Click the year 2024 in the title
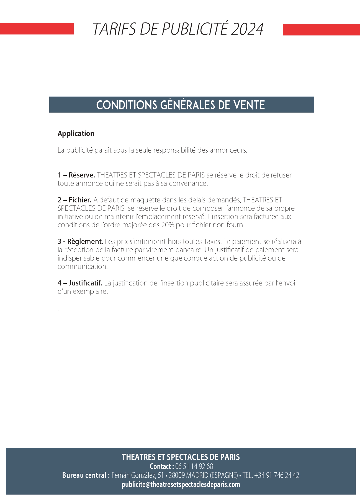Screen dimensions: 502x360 247,29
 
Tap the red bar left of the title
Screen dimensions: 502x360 37,29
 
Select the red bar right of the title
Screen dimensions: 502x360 321,30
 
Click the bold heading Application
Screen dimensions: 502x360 76,133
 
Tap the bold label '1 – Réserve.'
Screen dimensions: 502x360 76,175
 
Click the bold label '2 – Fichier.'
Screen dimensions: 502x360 75,200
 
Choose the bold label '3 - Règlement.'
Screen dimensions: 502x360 80,241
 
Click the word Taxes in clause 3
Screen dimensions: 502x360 212,241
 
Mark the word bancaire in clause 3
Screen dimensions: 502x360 189,250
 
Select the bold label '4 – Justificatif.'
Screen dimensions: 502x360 80,283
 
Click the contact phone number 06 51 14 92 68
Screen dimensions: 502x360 194,466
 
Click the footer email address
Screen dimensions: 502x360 181,485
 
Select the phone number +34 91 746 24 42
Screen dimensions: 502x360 277,475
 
